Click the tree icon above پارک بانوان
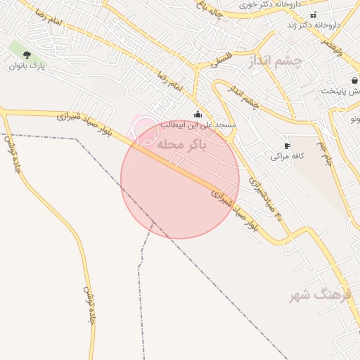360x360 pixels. click(x=27, y=55)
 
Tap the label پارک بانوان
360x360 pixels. click(x=27, y=66)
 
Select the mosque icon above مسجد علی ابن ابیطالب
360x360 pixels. click(x=198, y=114)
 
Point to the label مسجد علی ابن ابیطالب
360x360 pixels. click(x=198, y=124)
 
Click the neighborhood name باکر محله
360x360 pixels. click(x=182, y=145)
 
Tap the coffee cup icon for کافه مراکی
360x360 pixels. click(x=287, y=146)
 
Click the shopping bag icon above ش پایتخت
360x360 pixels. click(x=353, y=80)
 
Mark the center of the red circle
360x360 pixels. click(x=180, y=179)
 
